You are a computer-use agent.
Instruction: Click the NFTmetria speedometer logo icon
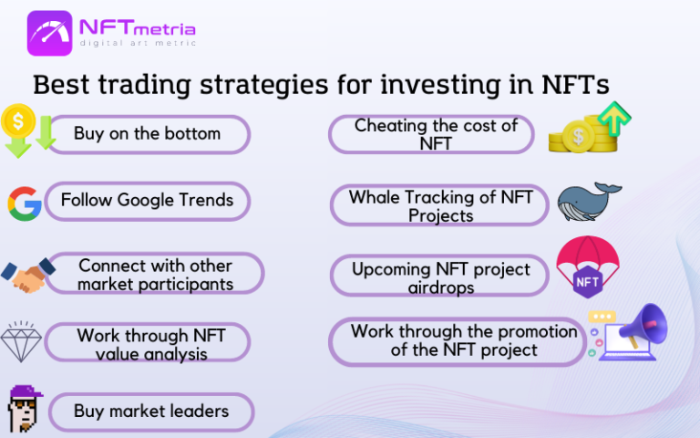pos(51,33)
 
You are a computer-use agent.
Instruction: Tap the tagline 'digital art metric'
pos(137,44)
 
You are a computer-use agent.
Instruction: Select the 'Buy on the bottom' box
pos(147,134)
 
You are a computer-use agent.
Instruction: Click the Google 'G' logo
pos(25,203)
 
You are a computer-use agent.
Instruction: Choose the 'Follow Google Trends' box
pos(147,201)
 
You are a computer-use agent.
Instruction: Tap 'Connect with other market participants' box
pos(155,274)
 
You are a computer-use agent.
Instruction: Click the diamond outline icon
pos(22,342)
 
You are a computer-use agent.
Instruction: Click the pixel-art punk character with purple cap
pos(25,411)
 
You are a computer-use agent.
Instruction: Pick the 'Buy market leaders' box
pos(150,412)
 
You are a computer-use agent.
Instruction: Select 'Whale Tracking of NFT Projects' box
pos(440,206)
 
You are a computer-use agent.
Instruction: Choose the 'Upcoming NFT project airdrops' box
pos(441,277)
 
